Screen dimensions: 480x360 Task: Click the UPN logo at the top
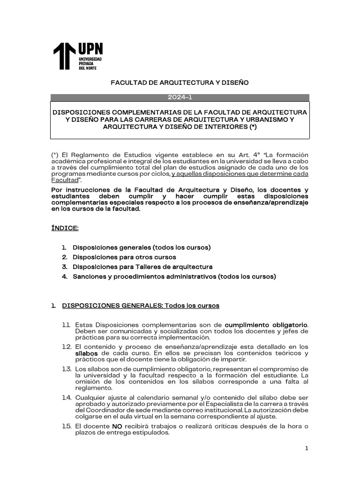(x=77, y=56)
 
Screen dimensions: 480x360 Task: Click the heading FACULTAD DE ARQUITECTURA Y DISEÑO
(x=180, y=82)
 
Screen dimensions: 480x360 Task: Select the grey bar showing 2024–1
(x=180, y=97)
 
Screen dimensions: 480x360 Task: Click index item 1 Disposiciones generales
(x=141, y=247)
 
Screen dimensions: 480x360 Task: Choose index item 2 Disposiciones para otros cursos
(x=124, y=257)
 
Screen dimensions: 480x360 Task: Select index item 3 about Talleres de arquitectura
(x=142, y=267)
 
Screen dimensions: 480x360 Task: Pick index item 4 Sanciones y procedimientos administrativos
(x=174, y=277)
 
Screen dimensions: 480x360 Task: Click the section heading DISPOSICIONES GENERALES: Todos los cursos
(x=141, y=306)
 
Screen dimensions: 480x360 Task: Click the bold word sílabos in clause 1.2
(x=86, y=352)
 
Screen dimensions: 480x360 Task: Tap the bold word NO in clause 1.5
(x=117, y=427)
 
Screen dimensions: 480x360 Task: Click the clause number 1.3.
(x=66, y=369)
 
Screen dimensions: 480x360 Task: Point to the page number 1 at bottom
(x=307, y=449)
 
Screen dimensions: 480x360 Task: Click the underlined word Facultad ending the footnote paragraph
(x=64, y=180)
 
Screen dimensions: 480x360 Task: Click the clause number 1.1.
(x=66, y=325)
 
